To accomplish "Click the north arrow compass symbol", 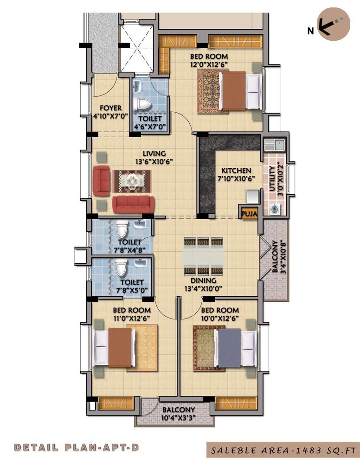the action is click(x=334, y=25).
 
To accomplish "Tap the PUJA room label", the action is click(x=249, y=214).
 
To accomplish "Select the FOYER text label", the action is click(x=111, y=108).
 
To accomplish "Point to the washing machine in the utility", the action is click(x=275, y=209).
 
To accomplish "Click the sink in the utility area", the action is click(x=274, y=145).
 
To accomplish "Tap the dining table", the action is click(x=203, y=256).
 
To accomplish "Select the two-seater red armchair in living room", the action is click(x=102, y=180).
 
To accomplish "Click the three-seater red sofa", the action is click(x=133, y=204).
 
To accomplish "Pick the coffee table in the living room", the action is click(x=132, y=181).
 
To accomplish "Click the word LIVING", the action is click(x=154, y=153).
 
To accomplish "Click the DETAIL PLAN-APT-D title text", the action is click(x=77, y=447).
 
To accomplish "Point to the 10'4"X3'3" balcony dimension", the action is click(x=178, y=418).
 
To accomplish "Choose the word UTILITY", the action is click(x=272, y=178).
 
